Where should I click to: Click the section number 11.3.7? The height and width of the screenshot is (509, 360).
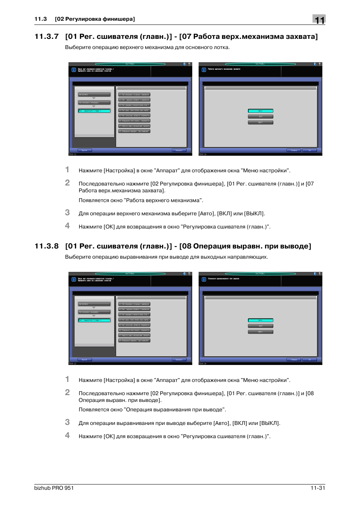(x=46, y=37)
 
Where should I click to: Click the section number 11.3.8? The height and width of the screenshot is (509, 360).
(x=46, y=246)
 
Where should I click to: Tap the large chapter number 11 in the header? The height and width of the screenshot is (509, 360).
(x=319, y=20)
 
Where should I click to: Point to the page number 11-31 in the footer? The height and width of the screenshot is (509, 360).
(x=318, y=488)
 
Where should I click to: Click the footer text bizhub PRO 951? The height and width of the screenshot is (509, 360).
(x=54, y=488)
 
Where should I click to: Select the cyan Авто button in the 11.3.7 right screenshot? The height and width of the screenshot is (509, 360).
(x=260, y=111)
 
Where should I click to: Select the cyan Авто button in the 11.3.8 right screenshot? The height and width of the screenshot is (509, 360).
(x=260, y=320)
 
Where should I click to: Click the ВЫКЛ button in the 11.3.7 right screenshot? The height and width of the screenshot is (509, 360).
(x=260, y=123)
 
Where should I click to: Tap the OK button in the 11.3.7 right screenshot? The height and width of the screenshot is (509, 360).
(x=310, y=150)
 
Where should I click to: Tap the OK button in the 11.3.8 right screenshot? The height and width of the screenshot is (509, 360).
(x=310, y=360)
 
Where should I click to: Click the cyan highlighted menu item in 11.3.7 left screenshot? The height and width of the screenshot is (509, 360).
(x=94, y=111)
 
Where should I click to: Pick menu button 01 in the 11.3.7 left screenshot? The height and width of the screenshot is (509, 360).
(x=134, y=95)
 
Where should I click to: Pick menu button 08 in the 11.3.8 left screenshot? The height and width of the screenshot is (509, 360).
(x=134, y=340)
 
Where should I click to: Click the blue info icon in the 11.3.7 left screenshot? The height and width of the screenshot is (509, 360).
(x=74, y=70)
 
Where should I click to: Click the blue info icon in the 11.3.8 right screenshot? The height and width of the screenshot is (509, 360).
(x=204, y=279)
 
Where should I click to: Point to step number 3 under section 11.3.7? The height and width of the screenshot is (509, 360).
(x=67, y=213)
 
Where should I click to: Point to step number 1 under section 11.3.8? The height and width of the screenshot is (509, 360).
(x=67, y=379)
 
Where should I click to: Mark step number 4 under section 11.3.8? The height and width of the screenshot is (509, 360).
(x=67, y=435)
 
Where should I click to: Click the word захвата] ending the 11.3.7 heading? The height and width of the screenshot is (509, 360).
(x=302, y=37)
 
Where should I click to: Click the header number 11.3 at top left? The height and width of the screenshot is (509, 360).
(x=40, y=19)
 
